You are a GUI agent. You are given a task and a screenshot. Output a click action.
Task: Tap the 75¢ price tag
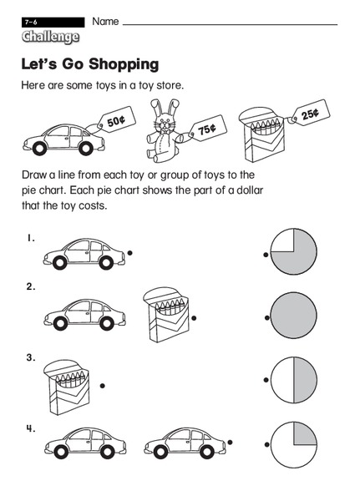click(205, 129)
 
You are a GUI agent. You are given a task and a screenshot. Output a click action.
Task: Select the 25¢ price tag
click(309, 114)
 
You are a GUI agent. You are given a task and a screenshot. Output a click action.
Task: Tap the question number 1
click(30, 238)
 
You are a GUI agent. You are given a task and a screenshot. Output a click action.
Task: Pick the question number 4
click(30, 429)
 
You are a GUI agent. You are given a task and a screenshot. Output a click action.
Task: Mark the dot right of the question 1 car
click(129, 251)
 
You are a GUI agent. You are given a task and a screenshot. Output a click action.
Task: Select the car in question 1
click(82, 251)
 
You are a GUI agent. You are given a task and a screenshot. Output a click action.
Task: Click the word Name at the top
click(105, 19)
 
